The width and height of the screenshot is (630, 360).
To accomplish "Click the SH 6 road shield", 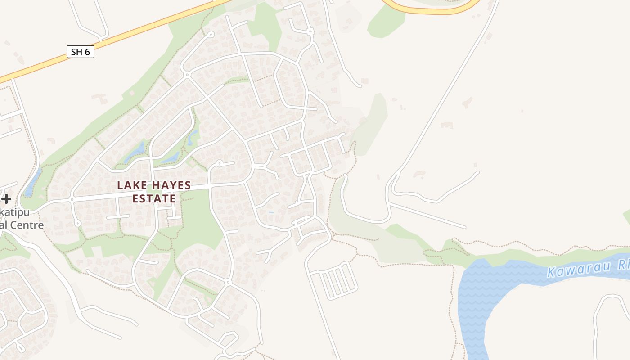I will (x=81, y=52).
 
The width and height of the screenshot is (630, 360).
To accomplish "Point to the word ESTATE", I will (x=154, y=198).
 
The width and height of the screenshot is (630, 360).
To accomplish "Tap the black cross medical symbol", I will (x=6, y=198).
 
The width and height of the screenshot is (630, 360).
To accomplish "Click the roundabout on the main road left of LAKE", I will (x=72, y=198).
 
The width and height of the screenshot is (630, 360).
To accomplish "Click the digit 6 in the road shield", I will (x=87, y=52).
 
